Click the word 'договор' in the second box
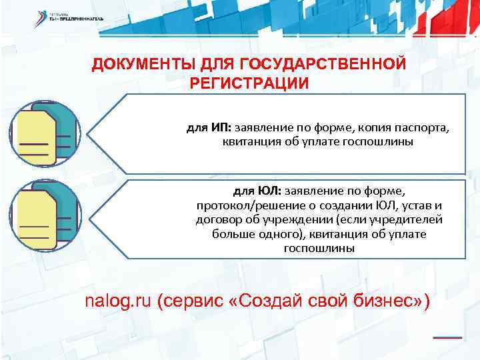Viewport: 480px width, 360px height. [219, 219]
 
